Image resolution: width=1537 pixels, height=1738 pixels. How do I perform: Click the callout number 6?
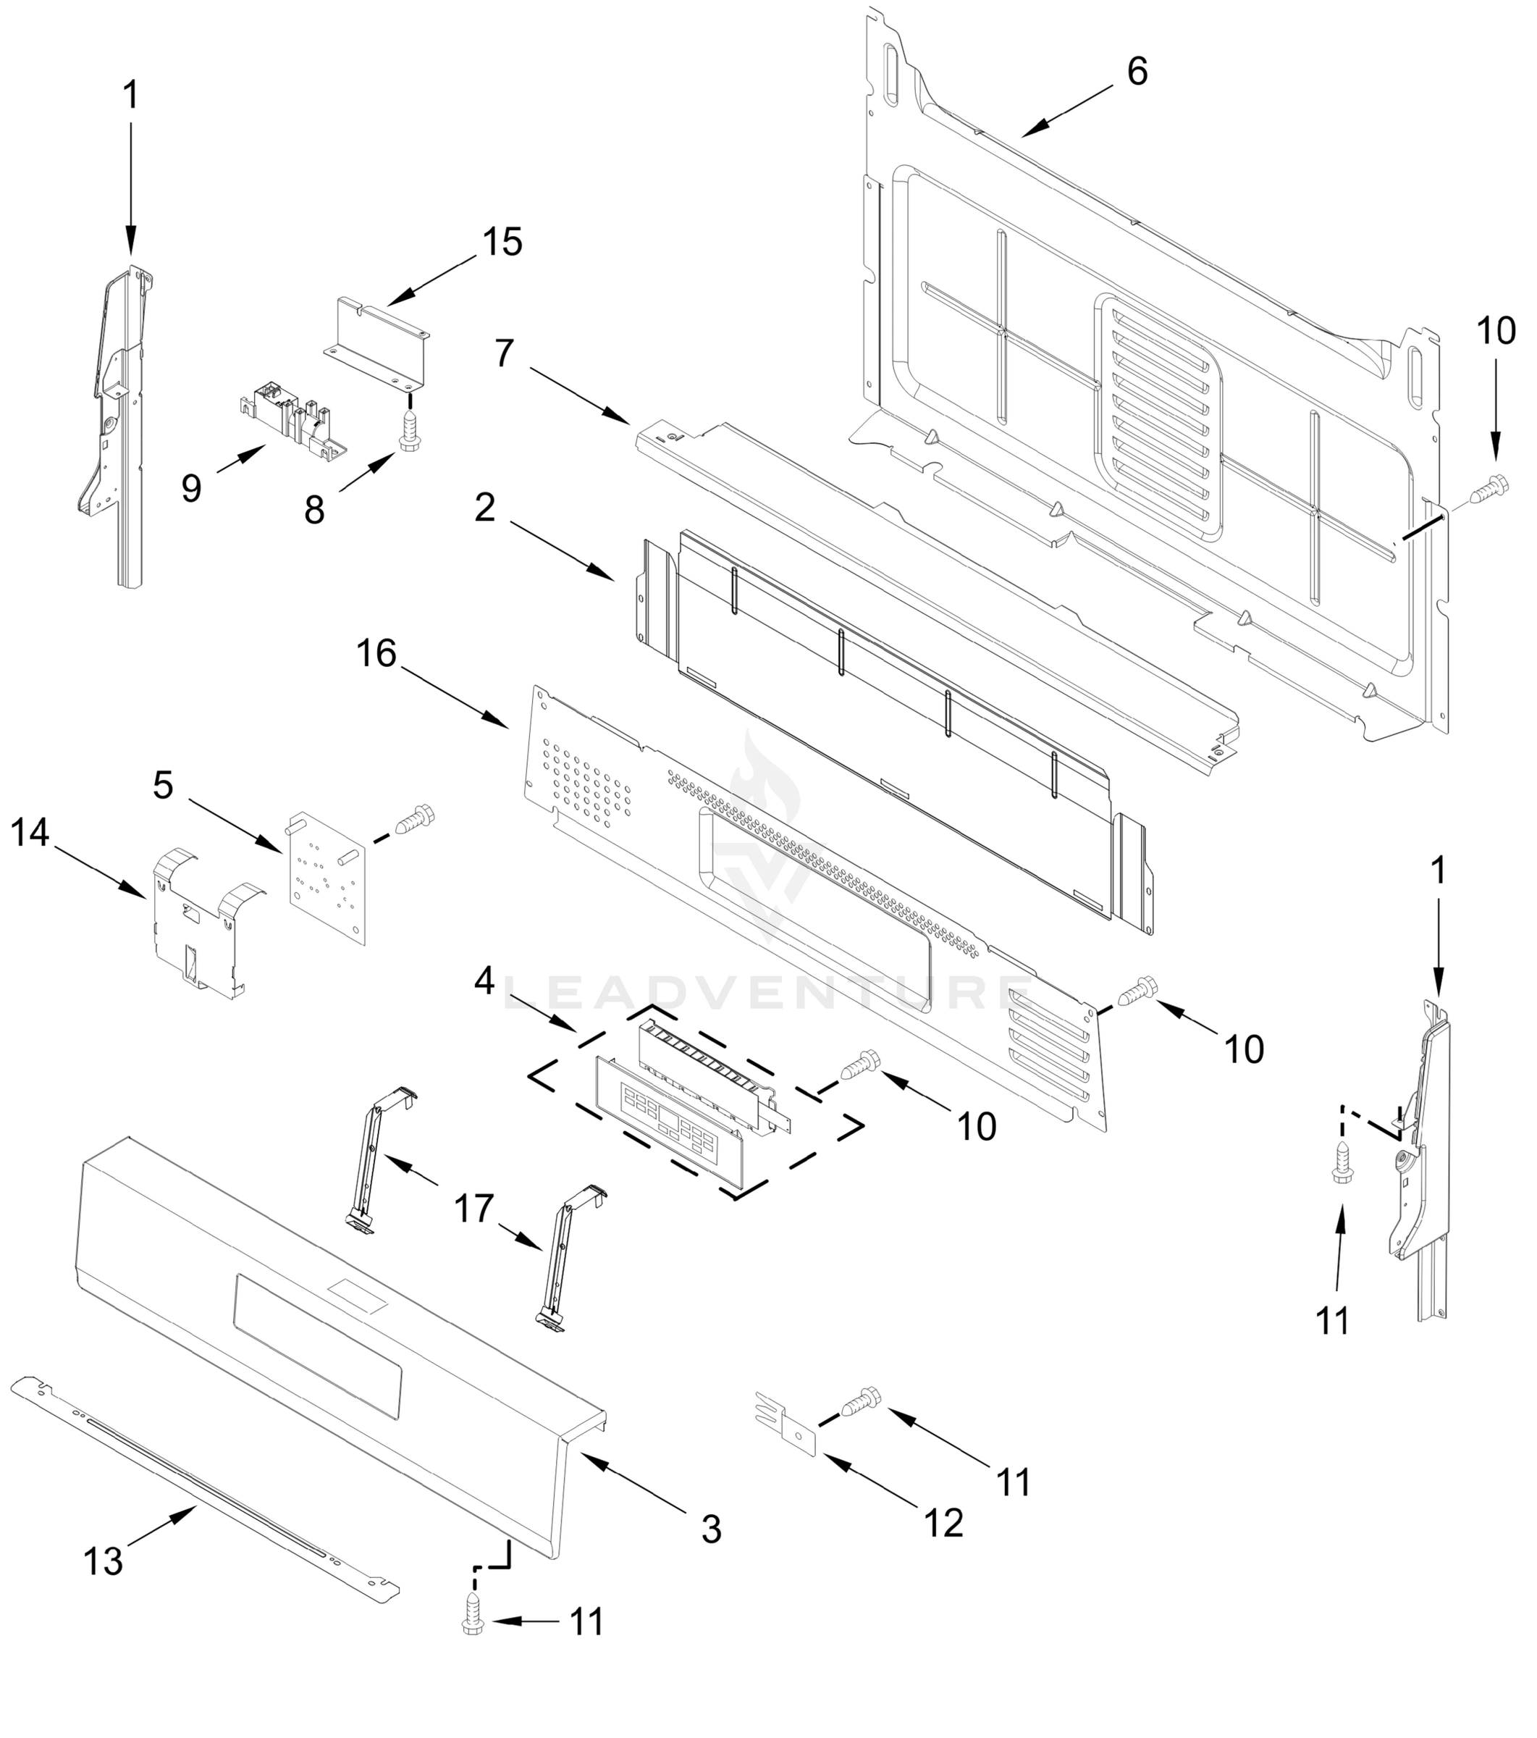[1137, 72]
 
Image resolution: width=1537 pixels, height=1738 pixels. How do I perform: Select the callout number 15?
[502, 243]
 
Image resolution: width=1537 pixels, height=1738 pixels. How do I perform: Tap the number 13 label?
[104, 1561]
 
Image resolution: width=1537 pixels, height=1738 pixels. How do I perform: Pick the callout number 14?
[30, 833]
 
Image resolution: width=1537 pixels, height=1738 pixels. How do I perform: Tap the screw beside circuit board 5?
[416, 820]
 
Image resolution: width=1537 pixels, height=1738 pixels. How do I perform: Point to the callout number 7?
[504, 353]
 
